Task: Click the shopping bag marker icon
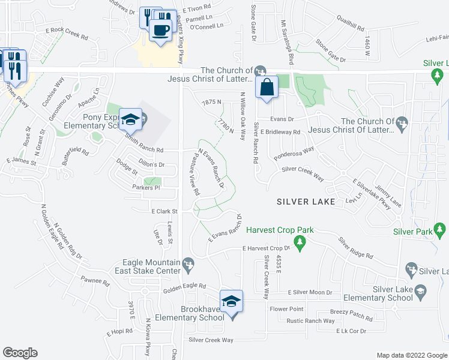tap(266, 87)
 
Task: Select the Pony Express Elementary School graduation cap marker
tap(130, 119)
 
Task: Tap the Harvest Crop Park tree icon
tap(303, 241)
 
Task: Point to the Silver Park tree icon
tap(440, 229)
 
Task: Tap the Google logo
tap(20, 353)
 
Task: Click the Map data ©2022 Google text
tap(411, 355)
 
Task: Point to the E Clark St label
tap(165, 211)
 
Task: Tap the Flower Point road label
tap(287, 310)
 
